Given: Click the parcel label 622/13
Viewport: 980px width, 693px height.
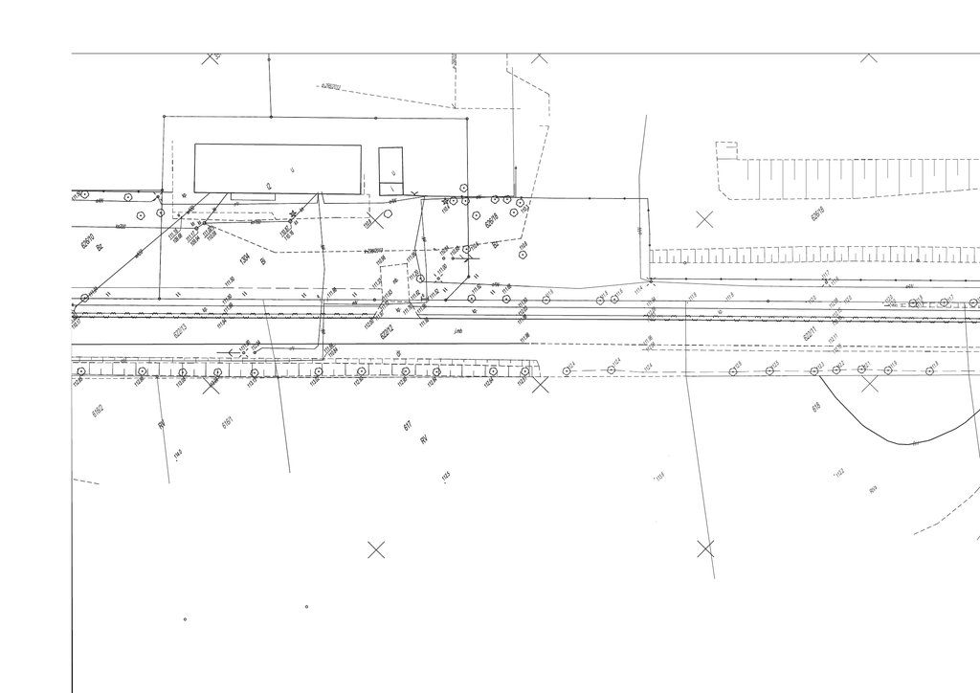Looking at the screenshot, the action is [x=179, y=330].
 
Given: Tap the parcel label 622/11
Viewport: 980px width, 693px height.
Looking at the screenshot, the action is [x=810, y=334].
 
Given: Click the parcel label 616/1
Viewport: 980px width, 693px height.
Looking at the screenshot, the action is [x=228, y=422].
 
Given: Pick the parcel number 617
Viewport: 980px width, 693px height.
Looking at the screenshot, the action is [x=408, y=425].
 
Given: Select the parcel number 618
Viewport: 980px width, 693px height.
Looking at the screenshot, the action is [x=815, y=407].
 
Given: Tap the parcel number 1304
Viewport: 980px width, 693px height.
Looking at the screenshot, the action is [x=245, y=257].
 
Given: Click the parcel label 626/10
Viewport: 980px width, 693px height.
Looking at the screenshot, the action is [x=87, y=240].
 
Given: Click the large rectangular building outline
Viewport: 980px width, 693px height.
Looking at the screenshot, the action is [x=278, y=168].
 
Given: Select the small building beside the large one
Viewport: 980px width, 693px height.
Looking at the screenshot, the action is [x=390, y=170].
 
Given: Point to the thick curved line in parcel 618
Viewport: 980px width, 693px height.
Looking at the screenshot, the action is [x=890, y=439].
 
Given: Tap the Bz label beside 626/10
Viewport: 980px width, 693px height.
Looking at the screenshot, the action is [x=99, y=247].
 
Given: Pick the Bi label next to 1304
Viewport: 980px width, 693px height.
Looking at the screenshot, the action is [x=262, y=259].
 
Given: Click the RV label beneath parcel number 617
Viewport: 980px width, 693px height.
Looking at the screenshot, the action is [x=422, y=439].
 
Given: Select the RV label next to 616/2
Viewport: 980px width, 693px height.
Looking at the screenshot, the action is [x=161, y=423].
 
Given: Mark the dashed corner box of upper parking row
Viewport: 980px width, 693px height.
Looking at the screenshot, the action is [x=726, y=150].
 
